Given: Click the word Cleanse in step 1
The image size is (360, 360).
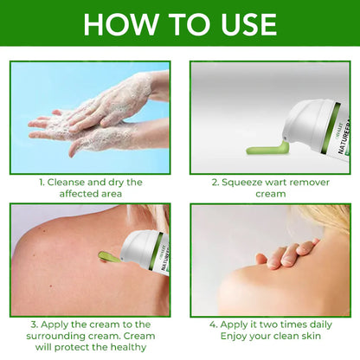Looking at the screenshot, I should click(x=71, y=182).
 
